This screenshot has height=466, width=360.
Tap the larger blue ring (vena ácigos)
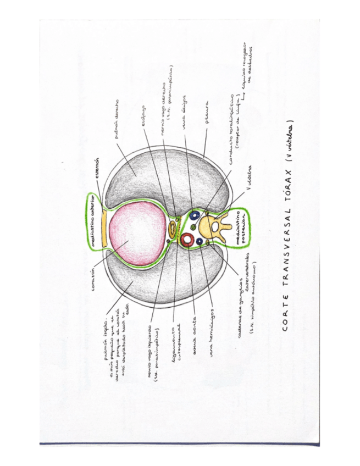point(195,215)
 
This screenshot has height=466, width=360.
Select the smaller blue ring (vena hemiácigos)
point(200,241)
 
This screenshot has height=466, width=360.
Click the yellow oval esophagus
point(174,226)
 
